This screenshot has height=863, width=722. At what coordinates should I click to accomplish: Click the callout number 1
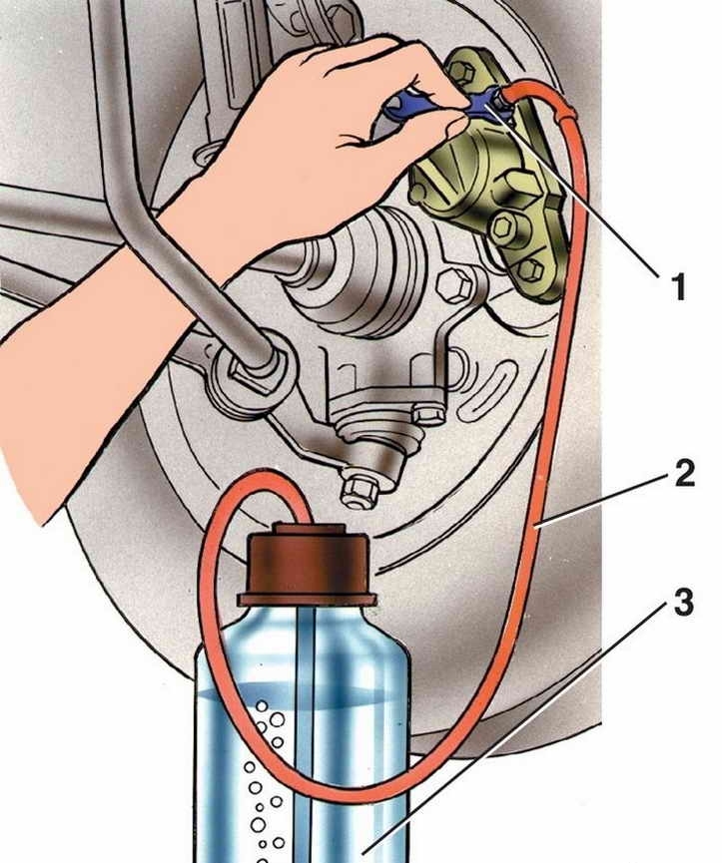[x=678, y=288]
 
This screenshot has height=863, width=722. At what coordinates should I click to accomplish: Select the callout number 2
[x=683, y=474]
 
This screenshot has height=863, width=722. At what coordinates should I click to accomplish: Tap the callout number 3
[x=683, y=605]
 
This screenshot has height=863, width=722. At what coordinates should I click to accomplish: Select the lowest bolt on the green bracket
[x=529, y=267]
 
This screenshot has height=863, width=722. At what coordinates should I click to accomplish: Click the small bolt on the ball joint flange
[x=426, y=412]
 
